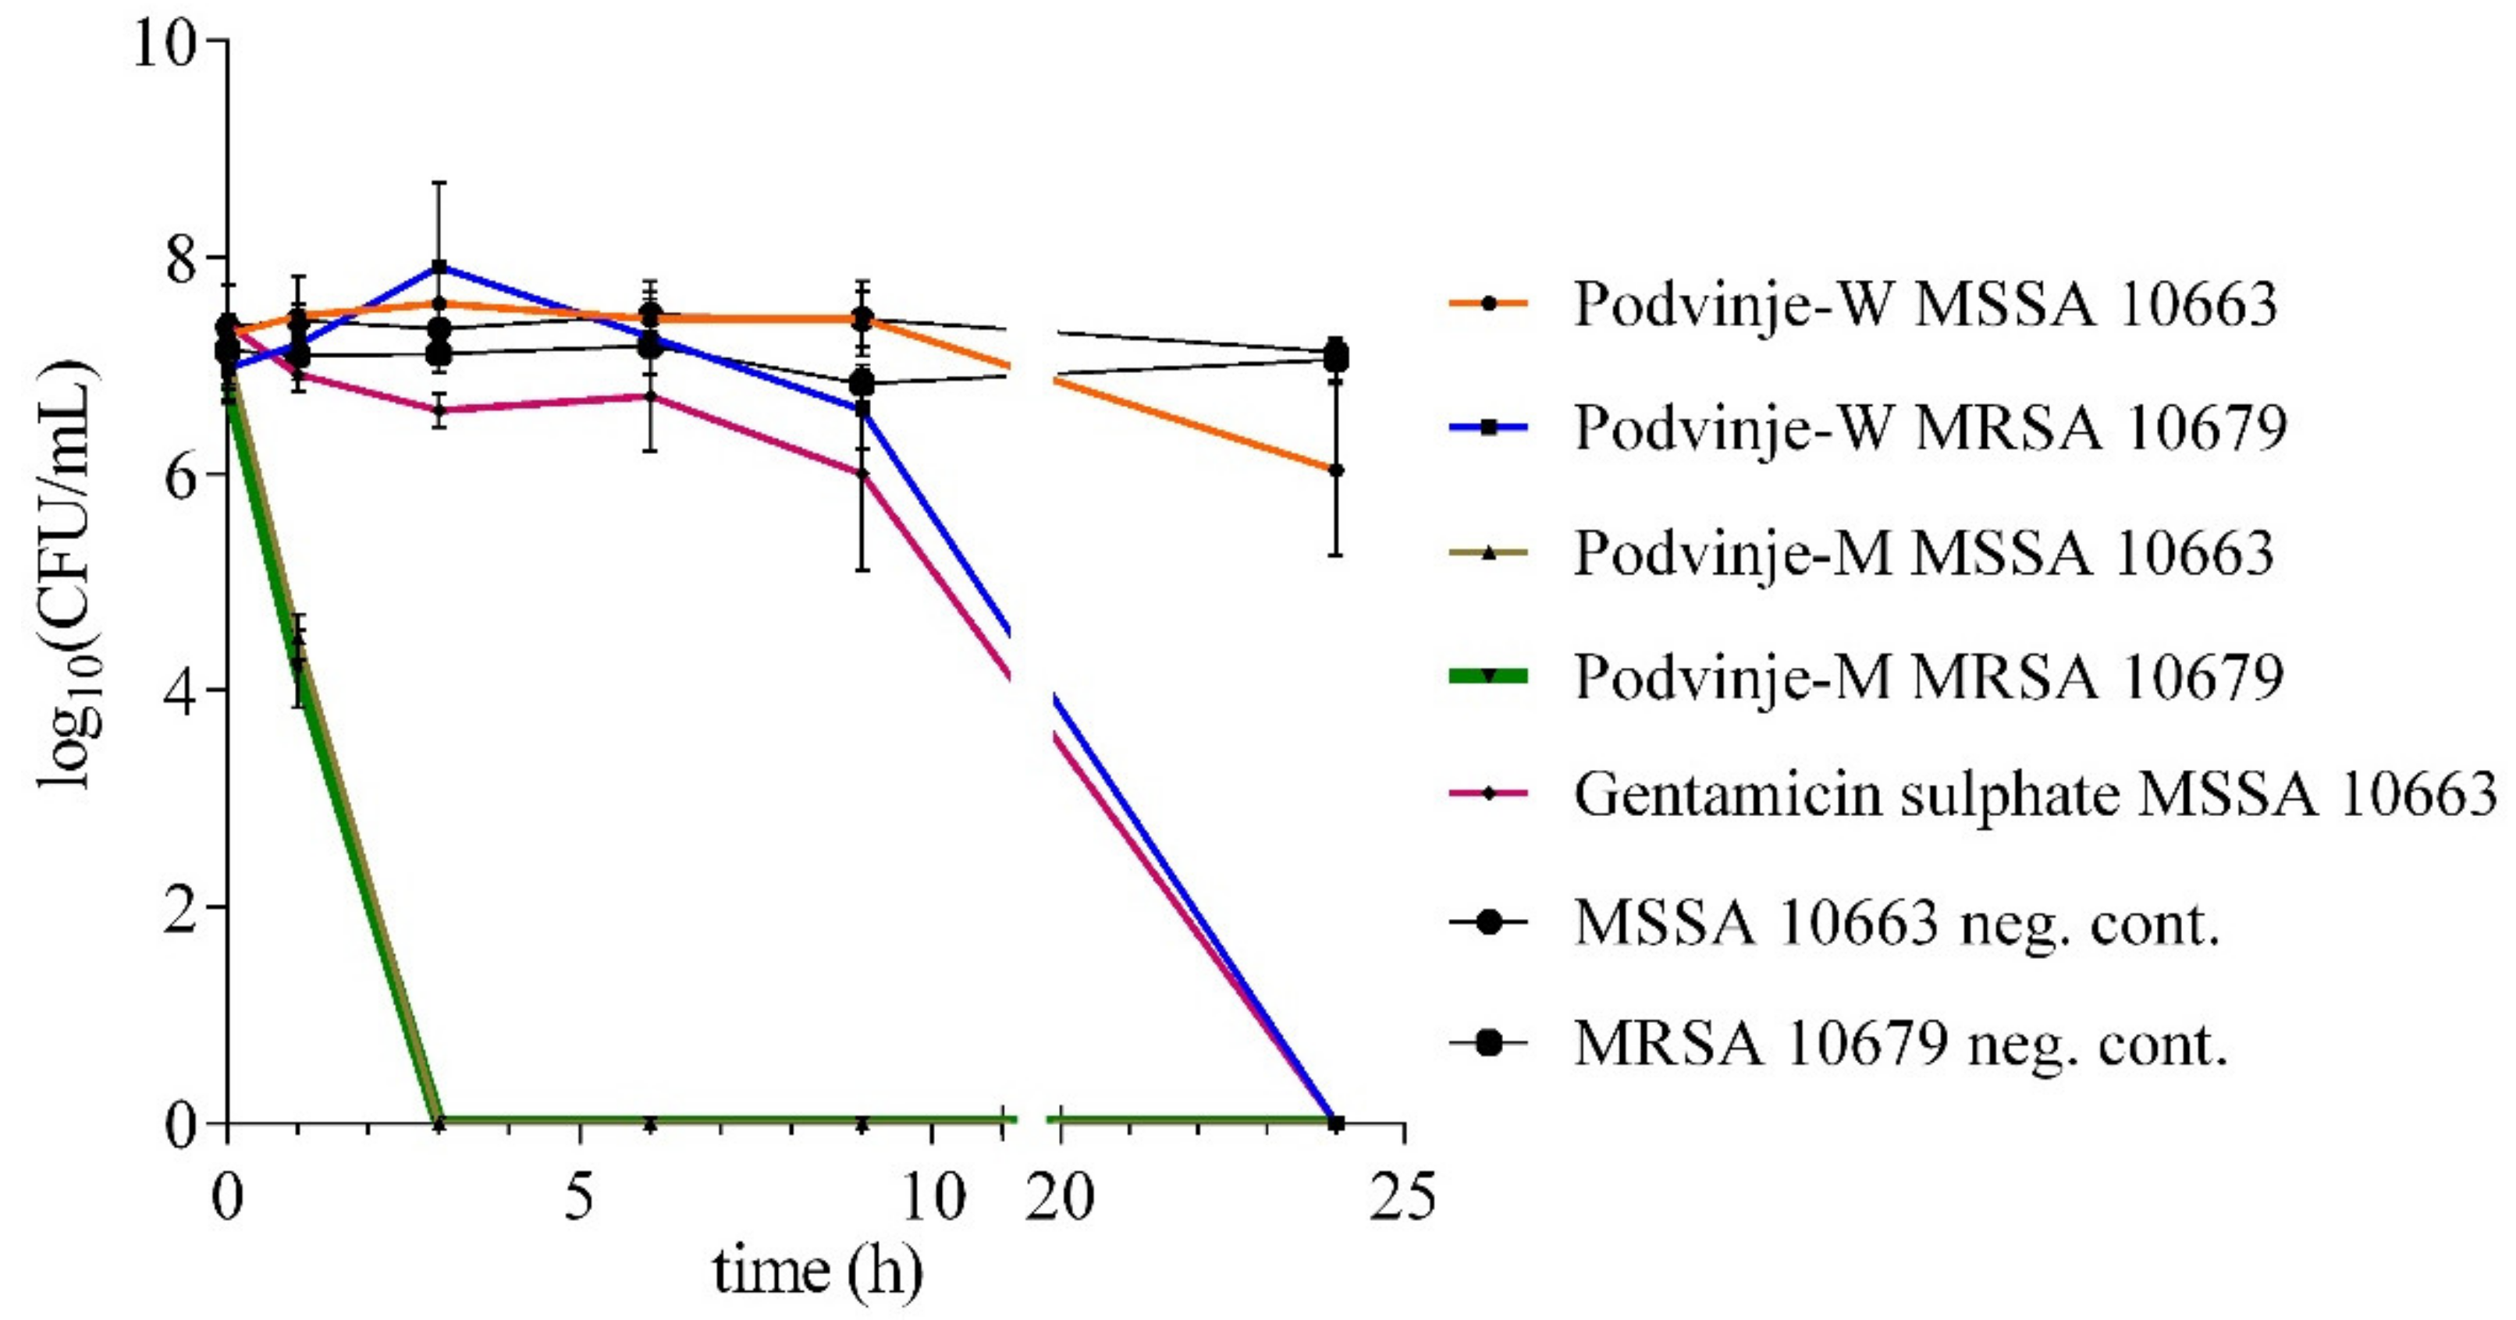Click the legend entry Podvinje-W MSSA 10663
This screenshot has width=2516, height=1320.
tap(1924, 303)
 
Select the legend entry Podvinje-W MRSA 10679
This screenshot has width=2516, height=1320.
tap(1929, 428)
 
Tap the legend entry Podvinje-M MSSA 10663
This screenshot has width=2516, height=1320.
tap(1922, 552)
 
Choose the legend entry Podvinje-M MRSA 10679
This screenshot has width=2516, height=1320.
tap(1927, 676)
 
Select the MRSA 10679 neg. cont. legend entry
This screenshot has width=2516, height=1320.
tap(1899, 1044)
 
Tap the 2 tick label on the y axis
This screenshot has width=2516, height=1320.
tap(181, 908)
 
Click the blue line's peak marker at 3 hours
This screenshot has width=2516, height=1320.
tap(439, 267)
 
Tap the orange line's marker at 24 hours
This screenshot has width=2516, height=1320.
tap(1336, 470)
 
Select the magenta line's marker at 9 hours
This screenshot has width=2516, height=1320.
tap(862, 474)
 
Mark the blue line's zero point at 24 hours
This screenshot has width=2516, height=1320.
tap(1336, 1123)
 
